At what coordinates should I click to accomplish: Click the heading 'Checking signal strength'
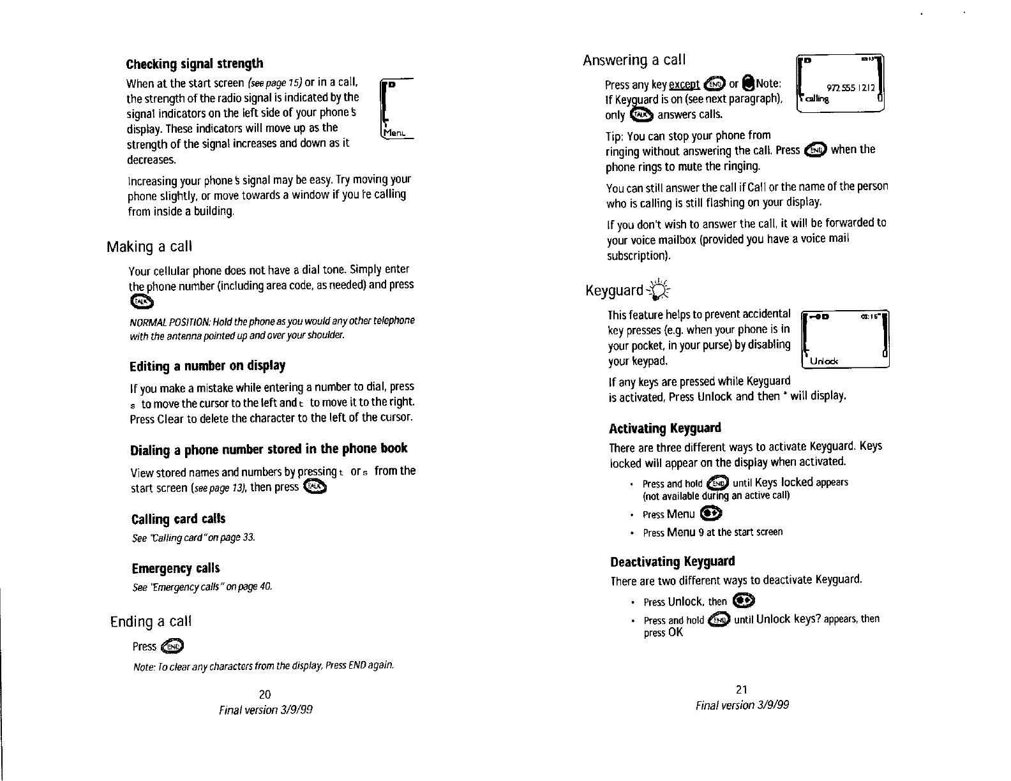pyautogui.click(x=195, y=64)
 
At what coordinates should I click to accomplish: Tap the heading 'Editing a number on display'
pyautogui.click(x=207, y=366)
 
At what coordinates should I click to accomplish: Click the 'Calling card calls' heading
pyautogui.click(x=178, y=519)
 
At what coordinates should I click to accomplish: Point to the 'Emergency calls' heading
pyautogui.click(x=176, y=568)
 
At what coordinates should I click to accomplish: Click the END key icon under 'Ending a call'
pyautogui.click(x=172, y=647)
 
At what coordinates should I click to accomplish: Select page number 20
pyautogui.click(x=266, y=694)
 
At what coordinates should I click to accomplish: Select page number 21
pyautogui.click(x=742, y=689)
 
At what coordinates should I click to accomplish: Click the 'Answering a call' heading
pyautogui.click(x=634, y=60)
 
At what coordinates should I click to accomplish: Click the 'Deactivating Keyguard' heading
pyautogui.click(x=673, y=562)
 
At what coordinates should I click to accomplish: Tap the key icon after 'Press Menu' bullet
pyautogui.click(x=710, y=514)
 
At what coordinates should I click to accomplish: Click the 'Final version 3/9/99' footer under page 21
pyautogui.click(x=742, y=704)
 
